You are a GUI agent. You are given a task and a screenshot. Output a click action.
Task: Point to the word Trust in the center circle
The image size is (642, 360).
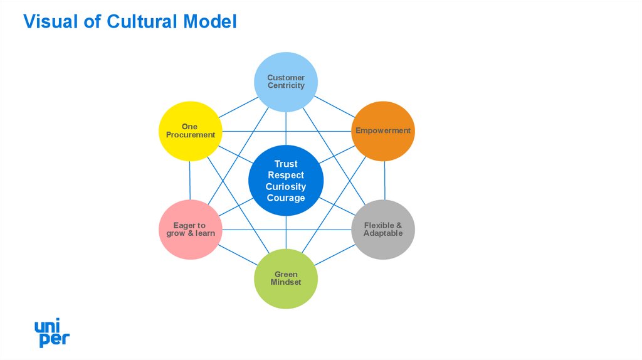point(286,164)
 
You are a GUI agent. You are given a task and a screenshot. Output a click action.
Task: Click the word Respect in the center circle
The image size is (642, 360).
point(286,176)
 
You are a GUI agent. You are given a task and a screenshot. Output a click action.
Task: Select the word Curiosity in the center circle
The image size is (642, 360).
point(286,187)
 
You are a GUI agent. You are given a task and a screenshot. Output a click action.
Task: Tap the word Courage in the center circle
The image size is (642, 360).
point(286,198)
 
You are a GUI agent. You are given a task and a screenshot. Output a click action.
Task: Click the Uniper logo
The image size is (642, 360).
point(51,333)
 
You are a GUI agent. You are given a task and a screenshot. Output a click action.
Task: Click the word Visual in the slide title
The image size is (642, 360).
point(46,22)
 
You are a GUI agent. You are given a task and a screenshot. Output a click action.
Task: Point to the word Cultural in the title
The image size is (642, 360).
point(142,22)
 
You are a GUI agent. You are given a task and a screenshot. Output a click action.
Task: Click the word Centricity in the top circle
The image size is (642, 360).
point(286,85)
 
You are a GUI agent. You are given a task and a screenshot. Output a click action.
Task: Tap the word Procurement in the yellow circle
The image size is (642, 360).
point(191,135)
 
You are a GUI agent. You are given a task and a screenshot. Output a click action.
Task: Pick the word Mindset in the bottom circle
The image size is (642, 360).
point(286,282)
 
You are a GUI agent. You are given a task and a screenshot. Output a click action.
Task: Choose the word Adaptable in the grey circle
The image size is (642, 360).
point(383,233)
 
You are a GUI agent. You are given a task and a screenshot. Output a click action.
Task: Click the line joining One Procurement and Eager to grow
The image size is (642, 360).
point(189,181)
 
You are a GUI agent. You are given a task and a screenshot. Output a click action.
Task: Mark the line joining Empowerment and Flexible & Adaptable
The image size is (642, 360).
point(384,181)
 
